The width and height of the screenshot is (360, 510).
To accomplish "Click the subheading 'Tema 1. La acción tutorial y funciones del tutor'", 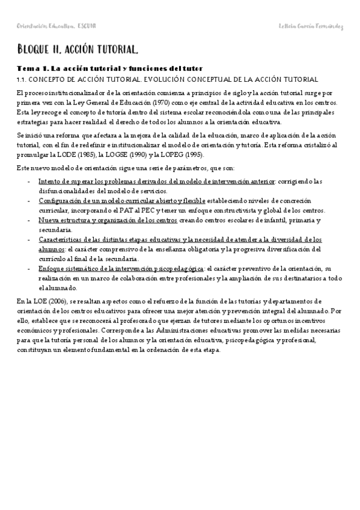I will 109,69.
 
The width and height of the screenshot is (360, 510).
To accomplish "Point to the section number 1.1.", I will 23,79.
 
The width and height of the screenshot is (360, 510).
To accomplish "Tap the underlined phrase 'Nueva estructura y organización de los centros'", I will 108,220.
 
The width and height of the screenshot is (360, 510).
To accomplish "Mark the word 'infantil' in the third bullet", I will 249,220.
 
